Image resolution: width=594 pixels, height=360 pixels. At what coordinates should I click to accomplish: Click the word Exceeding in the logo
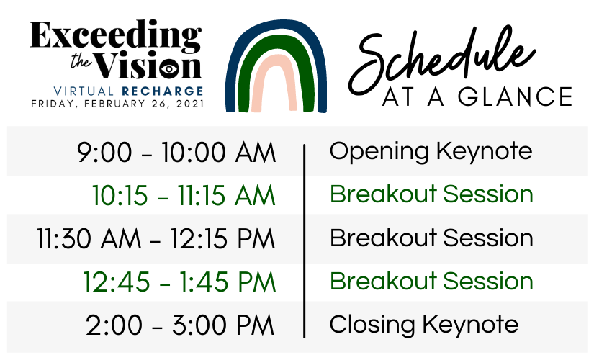click(115, 36)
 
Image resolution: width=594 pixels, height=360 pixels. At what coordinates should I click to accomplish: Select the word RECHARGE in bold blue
click(163, 91)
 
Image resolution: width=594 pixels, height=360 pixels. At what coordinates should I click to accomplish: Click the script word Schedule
click(441, 60)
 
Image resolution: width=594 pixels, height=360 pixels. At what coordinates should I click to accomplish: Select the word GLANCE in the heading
click(516, 96)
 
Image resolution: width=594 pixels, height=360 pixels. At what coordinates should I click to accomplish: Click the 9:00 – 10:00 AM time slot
click(176, 153)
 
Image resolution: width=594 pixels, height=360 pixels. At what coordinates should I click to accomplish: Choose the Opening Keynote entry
click(431, 152)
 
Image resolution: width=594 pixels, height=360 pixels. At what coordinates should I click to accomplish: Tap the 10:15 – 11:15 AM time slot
click(184, 196)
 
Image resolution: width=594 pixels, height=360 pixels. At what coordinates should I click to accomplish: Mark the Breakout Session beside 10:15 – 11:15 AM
click(431, 194)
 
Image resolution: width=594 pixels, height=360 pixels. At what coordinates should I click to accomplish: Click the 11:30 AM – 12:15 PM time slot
click(156, 239)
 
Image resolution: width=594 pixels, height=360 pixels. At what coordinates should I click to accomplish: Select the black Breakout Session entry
click(431, 238)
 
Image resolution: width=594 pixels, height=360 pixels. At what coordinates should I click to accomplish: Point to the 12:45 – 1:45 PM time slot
click(179, 282)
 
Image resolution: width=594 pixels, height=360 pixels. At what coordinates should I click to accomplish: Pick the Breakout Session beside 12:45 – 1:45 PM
click(431, 281)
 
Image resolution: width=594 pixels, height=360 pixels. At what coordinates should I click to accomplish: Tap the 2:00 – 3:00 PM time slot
click(180, 325)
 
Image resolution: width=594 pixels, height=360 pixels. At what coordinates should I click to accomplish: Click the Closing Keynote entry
click(424, 325)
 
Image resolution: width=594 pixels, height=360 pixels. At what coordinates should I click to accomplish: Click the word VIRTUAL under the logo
click(84, 91)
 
